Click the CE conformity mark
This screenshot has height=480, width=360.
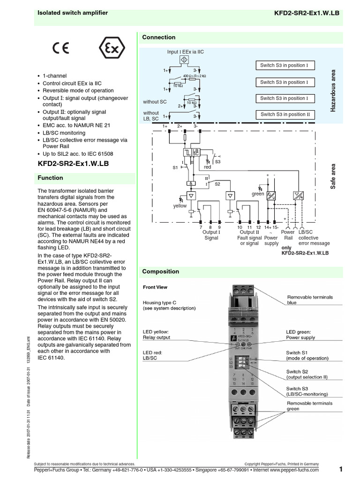coord(61,49)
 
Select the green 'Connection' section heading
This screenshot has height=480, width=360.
coord(159,37)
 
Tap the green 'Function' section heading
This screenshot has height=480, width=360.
coord(50,178)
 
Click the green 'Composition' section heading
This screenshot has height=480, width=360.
coord(161,271)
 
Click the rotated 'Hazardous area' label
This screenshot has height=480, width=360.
coord(334,90)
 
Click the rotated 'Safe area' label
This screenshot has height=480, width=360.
coord(334,176)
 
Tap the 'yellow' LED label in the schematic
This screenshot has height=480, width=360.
coord(180,206)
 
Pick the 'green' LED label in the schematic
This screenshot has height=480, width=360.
coord(258,194)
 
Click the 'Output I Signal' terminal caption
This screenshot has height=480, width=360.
coord(211,235)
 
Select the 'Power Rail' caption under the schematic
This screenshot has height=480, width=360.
coord(287,235)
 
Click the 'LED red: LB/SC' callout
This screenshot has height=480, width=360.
coord(154,355)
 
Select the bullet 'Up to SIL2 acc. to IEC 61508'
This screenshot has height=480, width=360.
coord(78,154)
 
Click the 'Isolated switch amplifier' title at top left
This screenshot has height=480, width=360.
coord(73,13)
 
